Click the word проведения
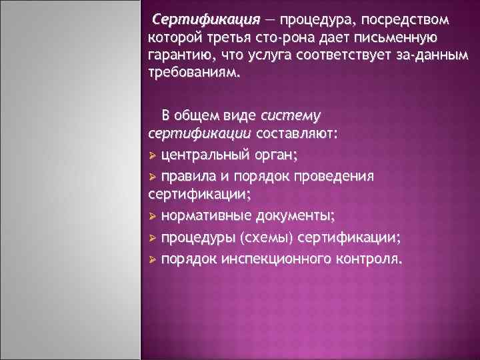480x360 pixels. [339, 176]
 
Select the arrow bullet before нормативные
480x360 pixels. [153, 217]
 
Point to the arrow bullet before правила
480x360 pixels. [153, 176]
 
